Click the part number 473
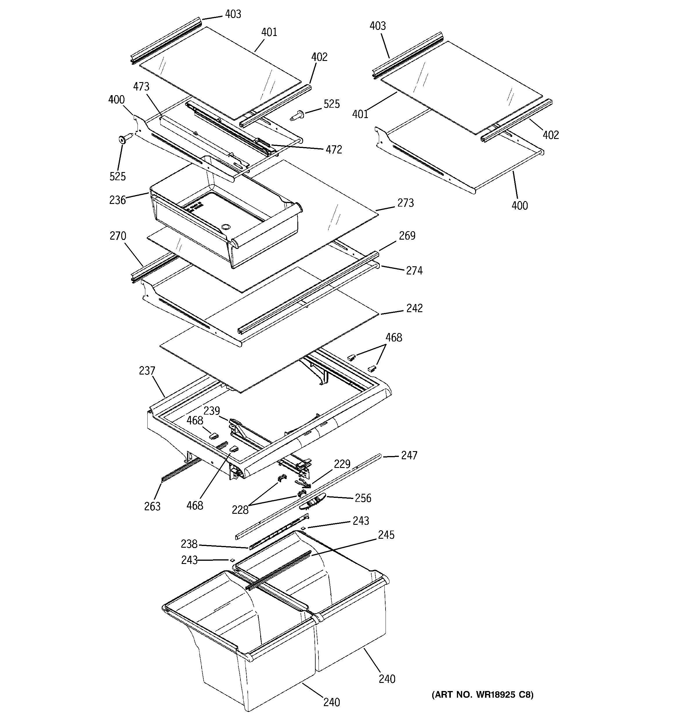click(141, 87)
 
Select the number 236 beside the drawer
click(117, 200)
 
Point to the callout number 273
click(405, 203)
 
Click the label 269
click(407, 236)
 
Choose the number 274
click(414, 270)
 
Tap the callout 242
click(414, 308)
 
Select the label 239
click(211, 411)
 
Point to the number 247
click(409, 455)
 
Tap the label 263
click(152, 506)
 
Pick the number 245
click(386, 535)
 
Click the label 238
click(189, 544)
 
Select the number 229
click(342, 464)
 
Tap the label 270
click(118, 236)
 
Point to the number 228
click(240, 510)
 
